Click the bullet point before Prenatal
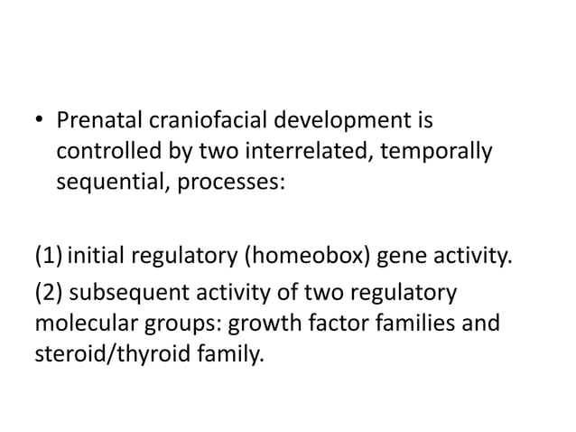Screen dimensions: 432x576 [x=39, y=119]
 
